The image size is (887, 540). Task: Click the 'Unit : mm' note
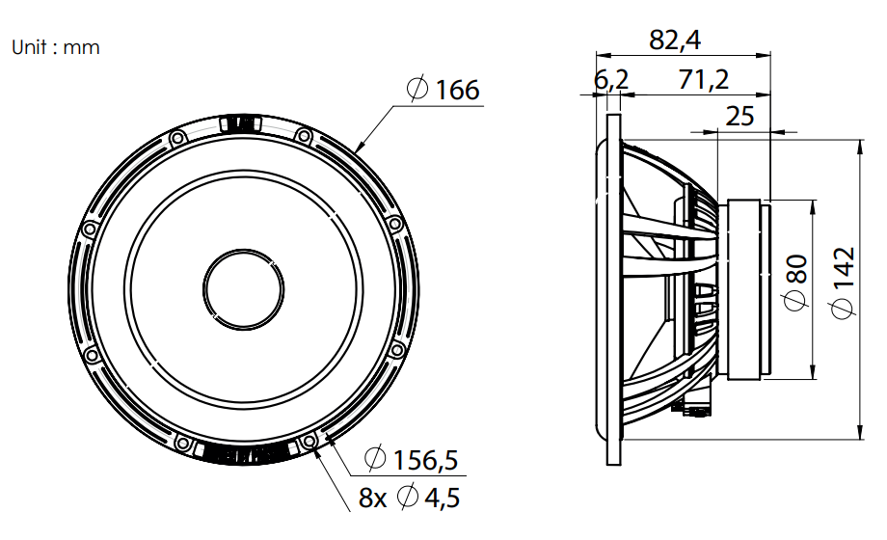56,47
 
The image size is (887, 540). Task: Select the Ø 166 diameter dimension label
443,90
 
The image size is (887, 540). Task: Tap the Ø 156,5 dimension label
412,459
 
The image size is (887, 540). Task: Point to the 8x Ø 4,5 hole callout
409,498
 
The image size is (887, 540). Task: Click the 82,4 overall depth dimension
675,40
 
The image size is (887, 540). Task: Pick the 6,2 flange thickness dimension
611,80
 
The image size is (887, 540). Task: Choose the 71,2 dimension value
703,80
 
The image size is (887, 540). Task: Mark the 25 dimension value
739,116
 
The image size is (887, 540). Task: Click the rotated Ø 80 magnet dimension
795,282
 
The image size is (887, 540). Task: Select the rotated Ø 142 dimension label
843,283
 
